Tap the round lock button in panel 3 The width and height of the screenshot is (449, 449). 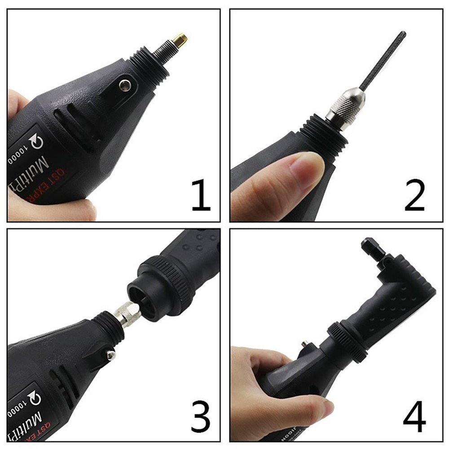tap(110, 355)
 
